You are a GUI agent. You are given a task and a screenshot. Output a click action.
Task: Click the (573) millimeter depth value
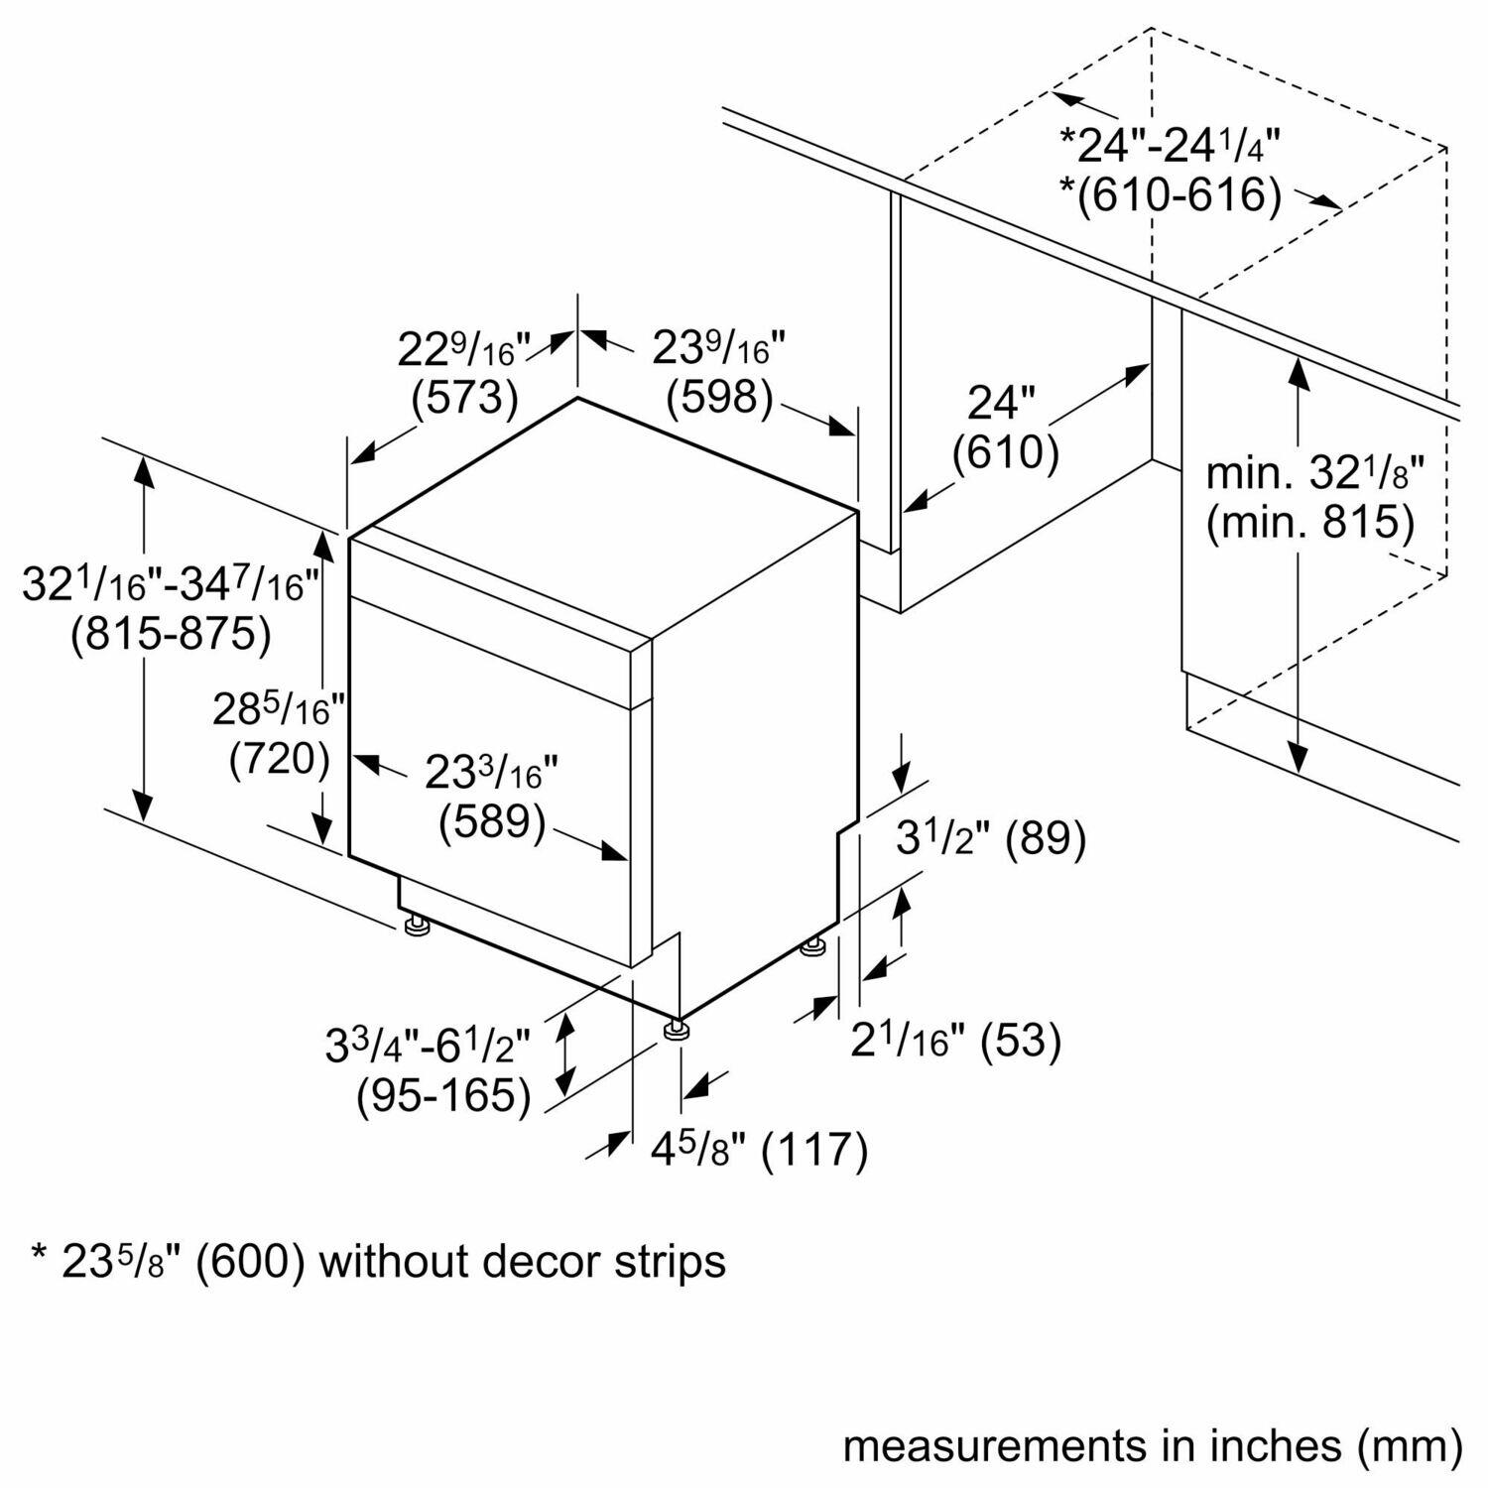point(464,398)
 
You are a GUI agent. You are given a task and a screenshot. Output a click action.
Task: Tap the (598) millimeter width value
point(719,398)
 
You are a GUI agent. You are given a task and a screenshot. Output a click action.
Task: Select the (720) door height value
point(279,759)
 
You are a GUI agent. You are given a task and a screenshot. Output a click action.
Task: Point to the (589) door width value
point(493,822)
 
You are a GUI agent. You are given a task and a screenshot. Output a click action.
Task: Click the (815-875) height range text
point(171,634)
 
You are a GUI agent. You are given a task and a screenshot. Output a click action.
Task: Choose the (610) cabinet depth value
point(1005,453)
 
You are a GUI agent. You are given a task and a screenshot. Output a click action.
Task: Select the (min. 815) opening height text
point(1309,522)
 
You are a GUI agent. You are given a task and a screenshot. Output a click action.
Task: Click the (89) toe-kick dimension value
point(1046,839)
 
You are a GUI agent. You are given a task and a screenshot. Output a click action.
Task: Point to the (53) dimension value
point(1022,1041)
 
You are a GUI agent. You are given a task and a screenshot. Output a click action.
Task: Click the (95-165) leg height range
point(442,1095)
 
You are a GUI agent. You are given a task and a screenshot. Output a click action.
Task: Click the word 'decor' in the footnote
point(536,1262)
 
